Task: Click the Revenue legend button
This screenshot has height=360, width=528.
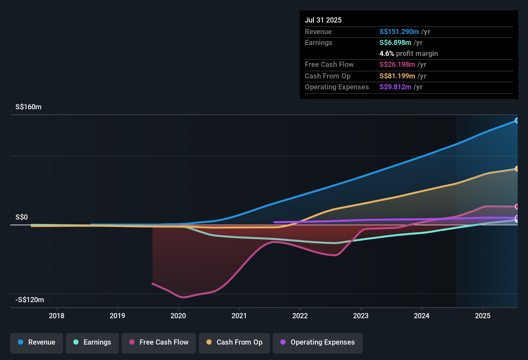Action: (x=37, y=342)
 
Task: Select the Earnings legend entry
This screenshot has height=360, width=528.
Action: (x=92, y=342)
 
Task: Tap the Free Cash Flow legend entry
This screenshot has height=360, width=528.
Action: (x=159, y=342)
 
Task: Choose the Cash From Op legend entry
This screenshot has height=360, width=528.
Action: (x=234, y=342)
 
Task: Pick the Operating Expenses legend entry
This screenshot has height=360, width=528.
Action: (x=318, y=342)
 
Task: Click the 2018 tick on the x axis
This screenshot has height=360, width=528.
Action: (x=57, y=316)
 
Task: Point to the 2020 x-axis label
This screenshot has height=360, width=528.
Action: (x=178, y=316)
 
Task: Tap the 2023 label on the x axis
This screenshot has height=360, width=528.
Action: (x=361, y=316)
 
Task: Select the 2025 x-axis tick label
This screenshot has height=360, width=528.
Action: (x=483, y=316)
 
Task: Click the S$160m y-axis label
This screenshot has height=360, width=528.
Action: (x=28, y=107)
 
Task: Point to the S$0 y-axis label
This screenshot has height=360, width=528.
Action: (x=22, y=217)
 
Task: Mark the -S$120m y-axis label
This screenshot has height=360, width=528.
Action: (x=30, y=300)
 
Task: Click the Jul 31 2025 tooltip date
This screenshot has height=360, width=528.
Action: (x=323, y=20)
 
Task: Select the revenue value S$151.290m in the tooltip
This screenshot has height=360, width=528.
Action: (x=399, y=32)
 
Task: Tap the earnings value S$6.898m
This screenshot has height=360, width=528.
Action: (x=395, y=42)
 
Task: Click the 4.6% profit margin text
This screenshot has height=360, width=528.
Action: (x=408, y=53)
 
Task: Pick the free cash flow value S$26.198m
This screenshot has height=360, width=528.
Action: (x=397, y=64)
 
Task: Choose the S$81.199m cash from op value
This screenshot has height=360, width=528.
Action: (x=397, y=76)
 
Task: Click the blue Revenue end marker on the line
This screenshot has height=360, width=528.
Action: (x=517, y=121)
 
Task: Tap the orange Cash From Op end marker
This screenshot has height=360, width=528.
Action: (x=517, y=169)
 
